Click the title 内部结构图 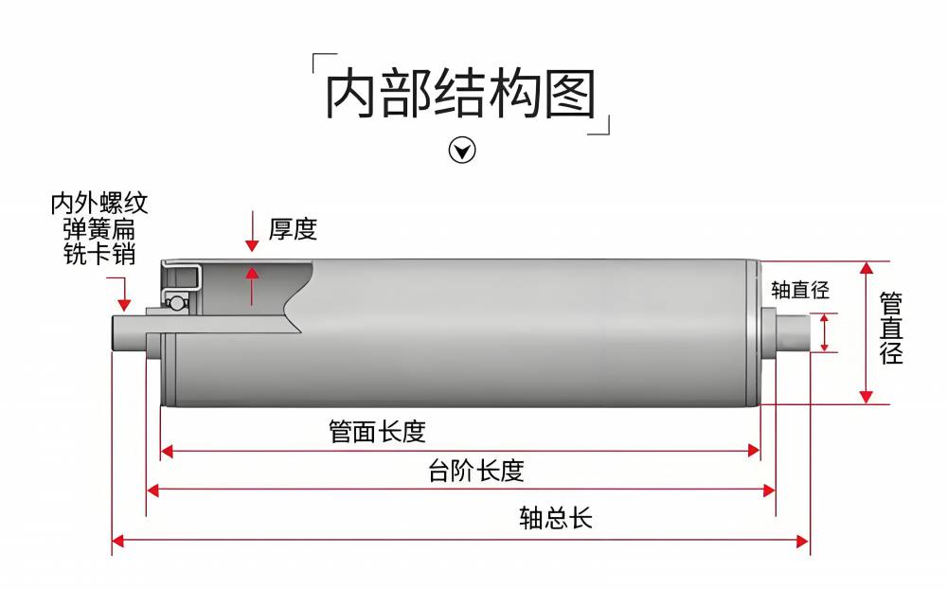tap(461, 95)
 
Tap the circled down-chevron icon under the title tap(461, 150)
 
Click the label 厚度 tap(293, 229)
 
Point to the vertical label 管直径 tap(891, 329)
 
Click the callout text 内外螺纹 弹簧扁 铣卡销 tap(98, 229)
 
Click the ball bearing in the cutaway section tap(175, 302)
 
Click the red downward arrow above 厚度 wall tap(252, 241)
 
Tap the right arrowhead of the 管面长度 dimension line tap(755, 452)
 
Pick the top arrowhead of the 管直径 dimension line tap(866, 268)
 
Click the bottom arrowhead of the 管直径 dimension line tap(866, 397)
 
